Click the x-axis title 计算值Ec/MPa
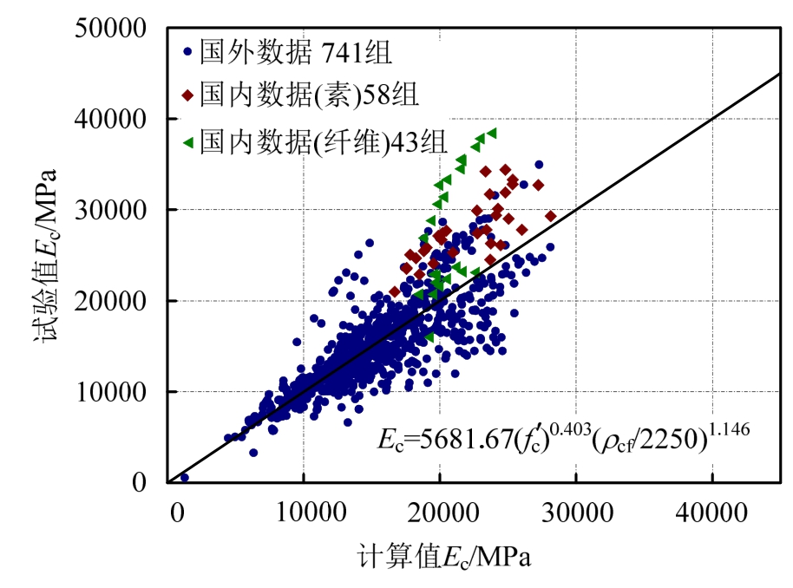click(x=442, y=556)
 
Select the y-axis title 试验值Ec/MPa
click(x=45, y=255)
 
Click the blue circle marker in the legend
click(x=187, y=52)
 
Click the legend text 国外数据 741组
click(x=296, y=52)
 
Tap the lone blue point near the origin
click(x=184, y=477)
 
